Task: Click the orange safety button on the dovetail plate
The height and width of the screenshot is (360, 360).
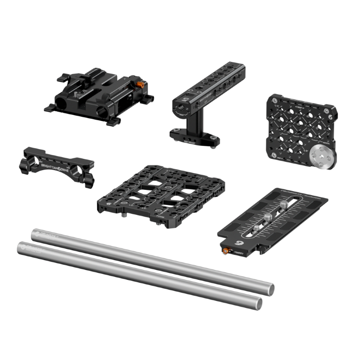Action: [226, 251]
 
